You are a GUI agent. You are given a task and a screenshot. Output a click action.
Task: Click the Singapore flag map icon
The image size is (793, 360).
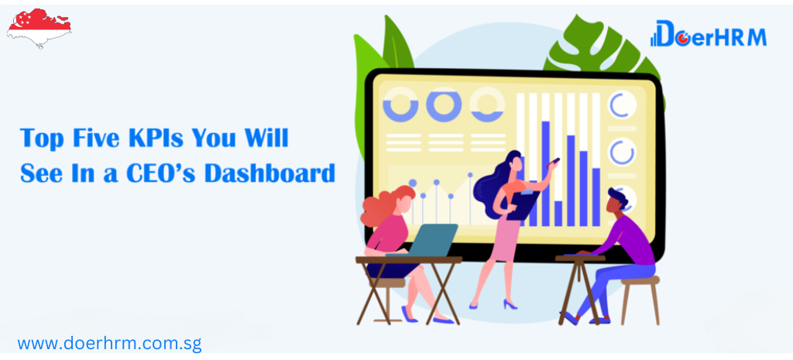pyautogui.click(x=39, y=28)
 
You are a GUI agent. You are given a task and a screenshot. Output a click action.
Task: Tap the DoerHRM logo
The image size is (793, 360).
pyautogui.click(x=708, y=34)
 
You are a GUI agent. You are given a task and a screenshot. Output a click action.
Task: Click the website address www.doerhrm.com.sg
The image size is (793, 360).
pyautogui.click(x=109, y=344)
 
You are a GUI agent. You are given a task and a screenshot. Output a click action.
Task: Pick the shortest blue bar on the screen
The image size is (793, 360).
pyautogui.click(x=558, y=214)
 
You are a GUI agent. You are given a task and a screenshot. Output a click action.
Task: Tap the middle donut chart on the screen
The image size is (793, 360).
pyautogui.click(x=444, y=105)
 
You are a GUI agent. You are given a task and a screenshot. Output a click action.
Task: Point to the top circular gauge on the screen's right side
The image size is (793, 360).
pyautogui.click(x=621, y=105)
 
